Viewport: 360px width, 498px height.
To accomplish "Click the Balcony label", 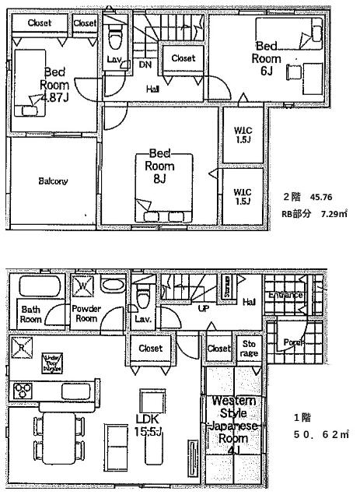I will click(x=53, y=181).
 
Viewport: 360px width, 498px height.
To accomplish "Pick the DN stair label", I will click(x=145, y=65).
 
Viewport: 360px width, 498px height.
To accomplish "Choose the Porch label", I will click(x=292, y=342).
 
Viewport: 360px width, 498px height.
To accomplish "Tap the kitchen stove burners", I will click(x=21, y=390).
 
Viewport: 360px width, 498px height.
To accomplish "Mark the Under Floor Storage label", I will click(x=51, y=362).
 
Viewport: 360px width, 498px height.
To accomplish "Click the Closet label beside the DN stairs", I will click(x=183, y=58).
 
